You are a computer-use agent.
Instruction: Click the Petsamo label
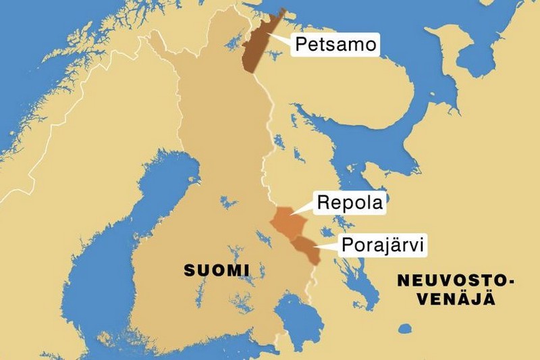[334, 46]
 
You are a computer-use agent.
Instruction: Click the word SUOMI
[217, 271]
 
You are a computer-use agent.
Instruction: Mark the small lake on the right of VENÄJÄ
[405, 329]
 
